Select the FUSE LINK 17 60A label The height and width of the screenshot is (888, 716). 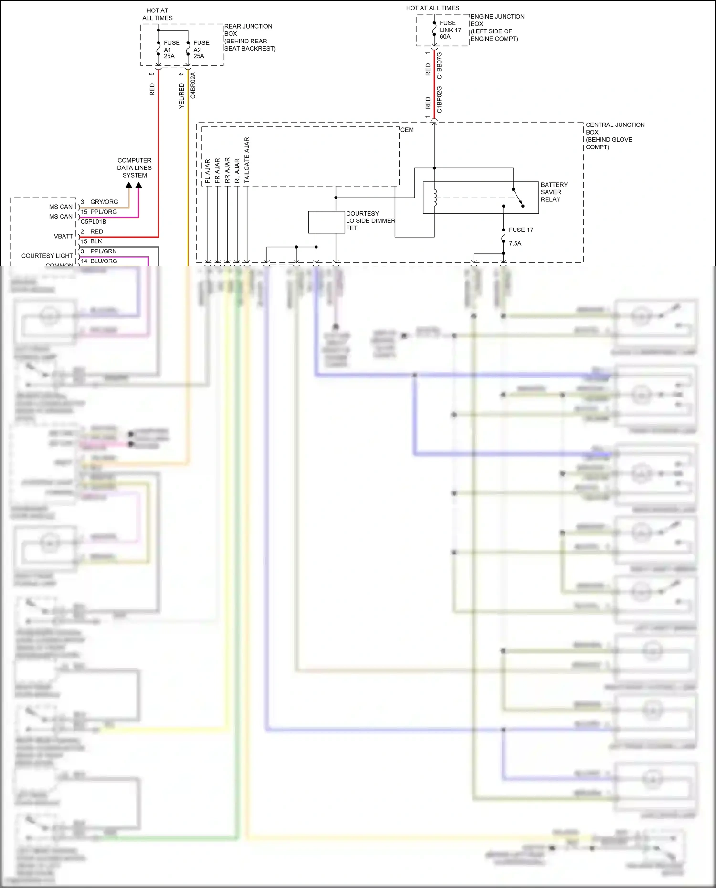pyautogui.click(x=450, y=30)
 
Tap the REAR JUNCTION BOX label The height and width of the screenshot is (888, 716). pyautogui.click(x=249, y=37)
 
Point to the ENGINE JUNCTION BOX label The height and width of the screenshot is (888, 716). pyautogui.click(x=496, y=28)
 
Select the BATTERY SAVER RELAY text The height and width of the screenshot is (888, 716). pyautogui.click(x=554, y=192)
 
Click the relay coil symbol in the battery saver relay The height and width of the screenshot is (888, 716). pyautogui.click(x=435, y=198)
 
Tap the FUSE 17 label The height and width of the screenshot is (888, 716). pyautogui.click(x=520, y=230)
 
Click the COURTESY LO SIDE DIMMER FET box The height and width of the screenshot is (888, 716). pyautogui.click(x=326, y=222)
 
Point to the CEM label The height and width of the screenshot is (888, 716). pyautogui.click(x=407, y=130)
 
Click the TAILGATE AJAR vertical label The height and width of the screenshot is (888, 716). pyautogui.click(x=247, y=160)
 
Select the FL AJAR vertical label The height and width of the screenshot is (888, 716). pyautogui.click(x=208, y=171)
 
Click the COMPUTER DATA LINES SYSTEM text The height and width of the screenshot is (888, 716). pyautogui.click(x=134, y=167)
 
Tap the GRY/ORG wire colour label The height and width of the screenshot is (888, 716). pyautogui.click(x=104, y=202)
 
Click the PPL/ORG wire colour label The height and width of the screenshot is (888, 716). pyautogui.click(x=104, y=212)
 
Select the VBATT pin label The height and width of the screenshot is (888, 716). pyautogui.click(x=63, y=236)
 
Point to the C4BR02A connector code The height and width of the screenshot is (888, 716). pyautogui.click(x=193, y=85)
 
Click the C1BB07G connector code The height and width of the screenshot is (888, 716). pyautogui.click(x=439, y=66)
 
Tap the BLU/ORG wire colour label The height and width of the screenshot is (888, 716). pyautogui.click(x=104, y=261)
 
